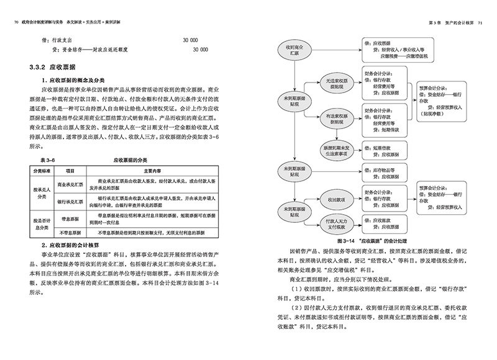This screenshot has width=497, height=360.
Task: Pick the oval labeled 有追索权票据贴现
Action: click(333, 118)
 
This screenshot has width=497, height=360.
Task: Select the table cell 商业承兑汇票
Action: click(71, 184)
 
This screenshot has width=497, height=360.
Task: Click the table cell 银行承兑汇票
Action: click(71, 201)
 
